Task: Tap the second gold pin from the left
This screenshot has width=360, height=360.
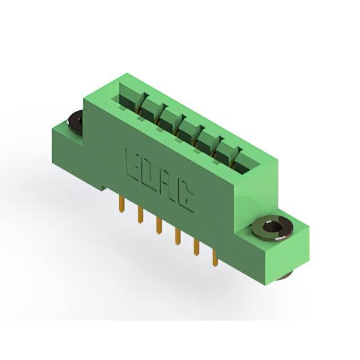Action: click(x=141, y=214)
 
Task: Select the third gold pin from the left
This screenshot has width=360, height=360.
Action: click(x=159, y=226)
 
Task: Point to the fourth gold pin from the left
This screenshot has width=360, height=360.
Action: click(x=177, y=236)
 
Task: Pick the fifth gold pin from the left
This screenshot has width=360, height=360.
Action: click(x=196, y=247)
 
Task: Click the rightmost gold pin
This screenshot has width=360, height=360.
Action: click(x=215, y=258)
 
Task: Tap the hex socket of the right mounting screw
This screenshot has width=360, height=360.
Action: click(x=271, y=227)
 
